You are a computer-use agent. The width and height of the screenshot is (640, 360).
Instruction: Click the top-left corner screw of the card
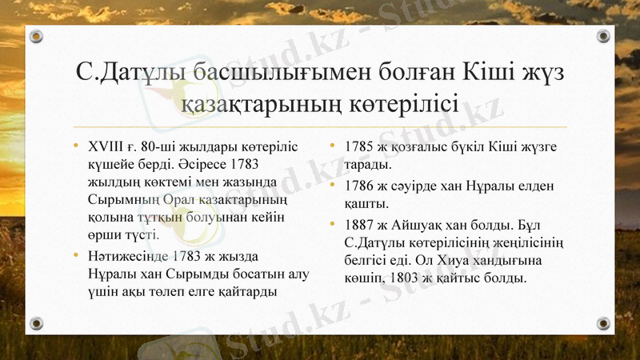[36, 37]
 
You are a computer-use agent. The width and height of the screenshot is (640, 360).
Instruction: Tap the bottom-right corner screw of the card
[603, 322]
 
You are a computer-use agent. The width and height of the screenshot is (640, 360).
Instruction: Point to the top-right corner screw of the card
[603, 37]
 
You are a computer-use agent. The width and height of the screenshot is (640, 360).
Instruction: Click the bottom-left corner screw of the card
[36, 322]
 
